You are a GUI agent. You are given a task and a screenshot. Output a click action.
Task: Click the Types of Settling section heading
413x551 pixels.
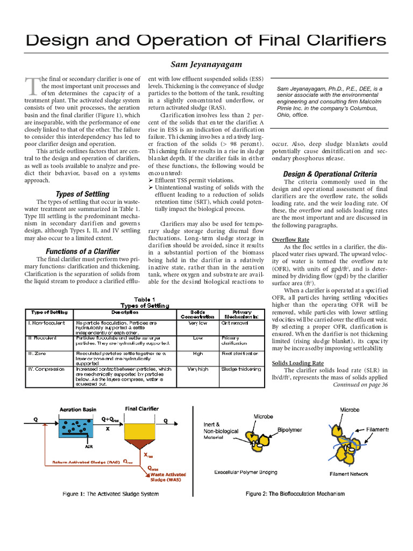click(x=82, y=194)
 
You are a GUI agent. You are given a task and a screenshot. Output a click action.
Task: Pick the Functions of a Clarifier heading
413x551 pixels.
click(x=82, y=251)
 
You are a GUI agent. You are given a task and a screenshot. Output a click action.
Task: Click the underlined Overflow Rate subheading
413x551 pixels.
click(x=290, y=239)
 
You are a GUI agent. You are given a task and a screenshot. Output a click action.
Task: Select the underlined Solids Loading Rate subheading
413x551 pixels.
click(x=297, y=363)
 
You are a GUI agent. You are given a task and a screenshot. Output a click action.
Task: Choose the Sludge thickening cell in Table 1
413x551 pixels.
click(x=241, y=369)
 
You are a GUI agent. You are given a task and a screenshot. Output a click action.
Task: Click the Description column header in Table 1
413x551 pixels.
click(x=125, y=312)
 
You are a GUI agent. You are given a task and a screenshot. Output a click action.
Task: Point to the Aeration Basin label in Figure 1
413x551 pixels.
click(x=79, y=409)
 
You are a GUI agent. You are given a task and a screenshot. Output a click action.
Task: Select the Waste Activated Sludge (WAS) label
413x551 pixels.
click(x=168, y=477)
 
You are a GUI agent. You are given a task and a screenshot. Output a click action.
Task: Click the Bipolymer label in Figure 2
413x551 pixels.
click(x=290, y=430)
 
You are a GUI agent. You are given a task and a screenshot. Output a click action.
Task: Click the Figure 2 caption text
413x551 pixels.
click(x=295, y=493)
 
